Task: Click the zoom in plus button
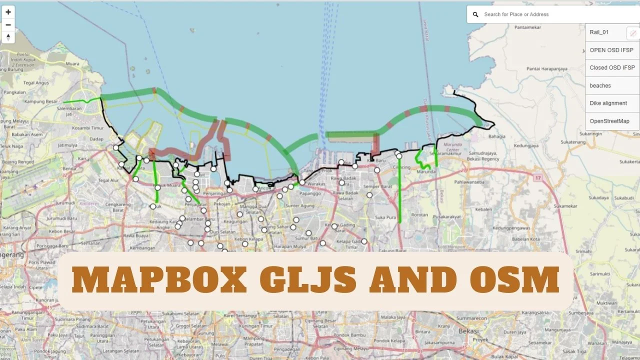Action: click(8, 12)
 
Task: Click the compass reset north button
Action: click(8, 37)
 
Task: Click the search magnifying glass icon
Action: click(475, 14)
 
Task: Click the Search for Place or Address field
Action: click(550, 14)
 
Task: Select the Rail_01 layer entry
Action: click(599, 32)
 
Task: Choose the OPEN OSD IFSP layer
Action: click(611, 50)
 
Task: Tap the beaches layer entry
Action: click(600, 85)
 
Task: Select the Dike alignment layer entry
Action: click(608, 103)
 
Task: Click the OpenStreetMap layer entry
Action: click(609, 121)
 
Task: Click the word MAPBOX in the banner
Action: click(159, 280)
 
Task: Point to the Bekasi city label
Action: click(468, 331)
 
